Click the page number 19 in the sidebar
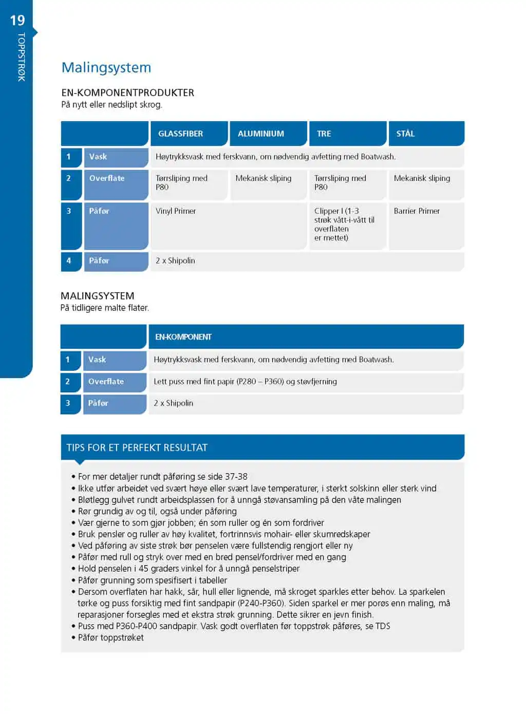(17, 21)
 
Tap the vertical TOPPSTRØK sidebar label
(21, 57)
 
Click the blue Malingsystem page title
(106, 68)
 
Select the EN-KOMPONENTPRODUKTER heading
(127, 93)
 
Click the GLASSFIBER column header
(180, 134)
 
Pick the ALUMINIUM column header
(260, 134)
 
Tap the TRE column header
(324, 134)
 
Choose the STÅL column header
(405, 134)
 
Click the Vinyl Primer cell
(176, 211)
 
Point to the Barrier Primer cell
(417, 211)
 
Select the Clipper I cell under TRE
(344, 224)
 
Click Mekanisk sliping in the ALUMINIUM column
(263, 178)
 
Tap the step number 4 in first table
(69, 260)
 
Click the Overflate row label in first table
(107, 178)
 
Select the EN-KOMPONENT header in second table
(183, 337)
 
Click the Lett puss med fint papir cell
(245, 382)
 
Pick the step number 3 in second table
(68, 403)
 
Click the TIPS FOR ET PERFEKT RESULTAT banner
(137, 447)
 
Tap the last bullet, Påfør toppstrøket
(110, 637)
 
